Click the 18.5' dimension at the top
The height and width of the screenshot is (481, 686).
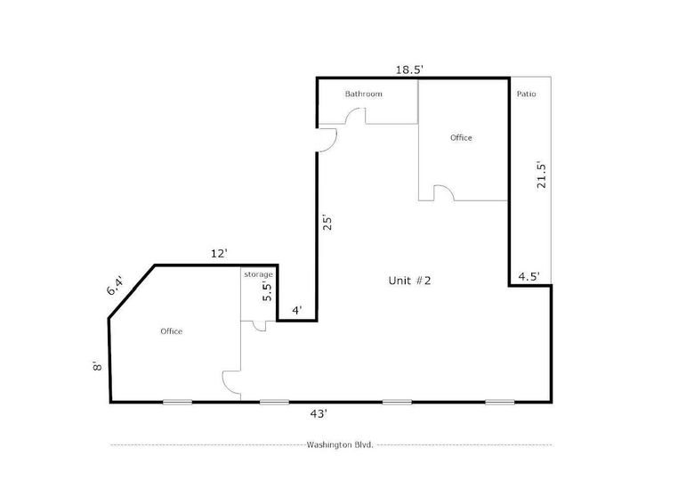click(409, 69)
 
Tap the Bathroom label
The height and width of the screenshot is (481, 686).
click(364, 94)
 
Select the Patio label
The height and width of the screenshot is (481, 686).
click(527, 94)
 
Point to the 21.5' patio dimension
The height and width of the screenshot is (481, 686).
click(542, 175)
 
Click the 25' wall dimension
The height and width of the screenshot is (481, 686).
click(327, 222)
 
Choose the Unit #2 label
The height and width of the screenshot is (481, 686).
click(409, 281)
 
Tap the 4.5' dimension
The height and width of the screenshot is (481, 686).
click(529, 276)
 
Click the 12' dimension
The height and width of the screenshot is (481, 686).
click(219, 254)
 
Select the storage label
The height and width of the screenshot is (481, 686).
click(258, 274)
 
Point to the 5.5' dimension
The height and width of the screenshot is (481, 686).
click(267, 292)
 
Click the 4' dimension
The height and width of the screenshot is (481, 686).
click(297, 311)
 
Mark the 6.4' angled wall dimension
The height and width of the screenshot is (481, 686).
click(116, 286)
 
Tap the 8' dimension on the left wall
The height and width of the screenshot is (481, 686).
click(97, 366)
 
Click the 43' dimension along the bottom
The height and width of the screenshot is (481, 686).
click(319, 413)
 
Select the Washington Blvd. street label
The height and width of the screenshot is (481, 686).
click(340, 445)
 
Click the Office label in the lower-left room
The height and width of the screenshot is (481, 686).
click(172, 331)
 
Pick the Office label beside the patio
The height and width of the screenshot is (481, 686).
click(461, 137)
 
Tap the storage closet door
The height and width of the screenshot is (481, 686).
click(260, 326)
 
